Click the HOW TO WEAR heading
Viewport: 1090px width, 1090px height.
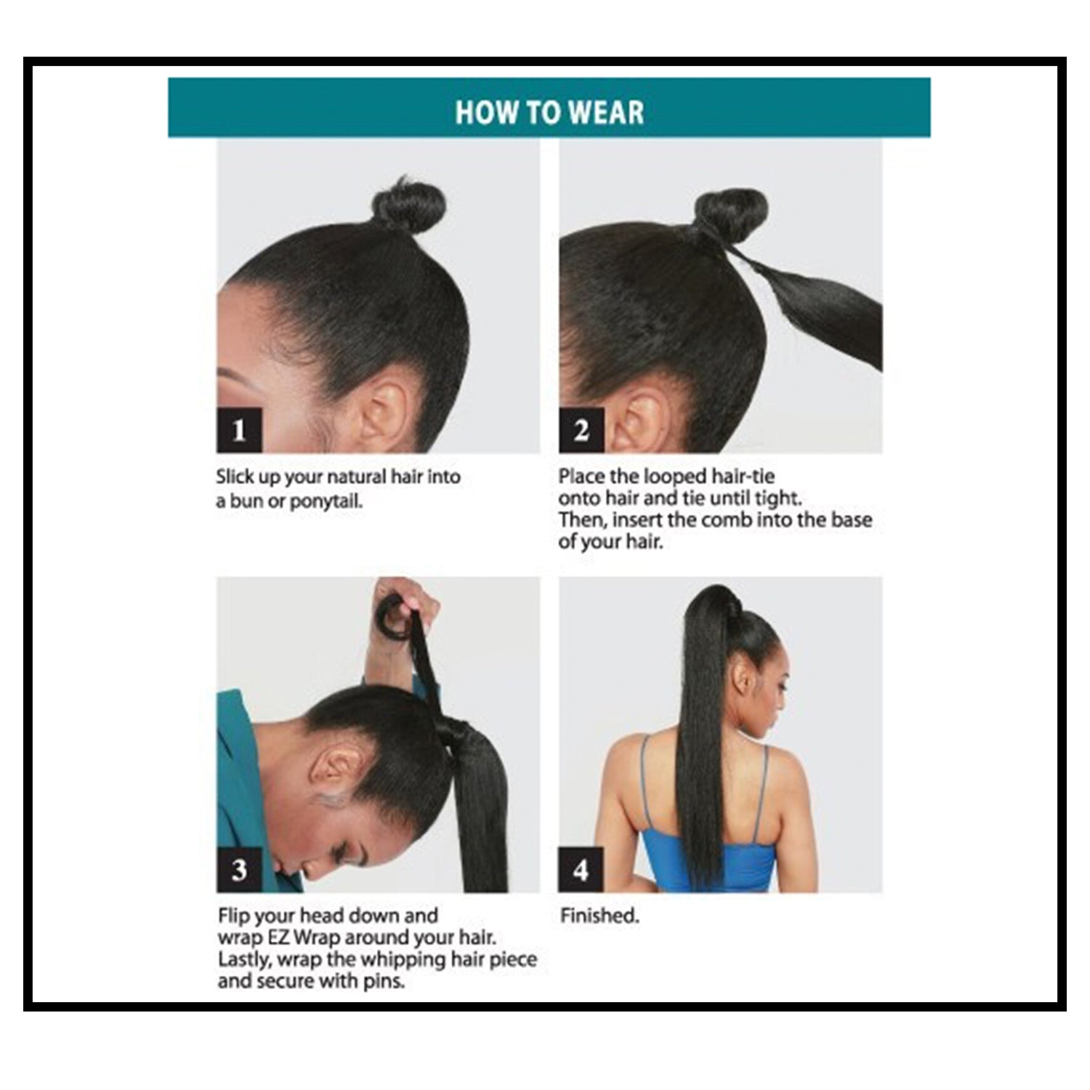pos(549,113)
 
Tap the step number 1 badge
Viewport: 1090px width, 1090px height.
pos(239,430)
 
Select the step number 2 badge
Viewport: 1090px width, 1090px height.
pos(581,430)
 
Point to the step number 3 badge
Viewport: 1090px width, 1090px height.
pos(239,870)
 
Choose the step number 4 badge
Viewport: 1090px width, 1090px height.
pos(581,870)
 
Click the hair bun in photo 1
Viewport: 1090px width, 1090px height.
pos(406,205)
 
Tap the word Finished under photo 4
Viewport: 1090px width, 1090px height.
pos(599,916)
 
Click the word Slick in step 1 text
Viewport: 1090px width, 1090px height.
pos(235,477)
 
